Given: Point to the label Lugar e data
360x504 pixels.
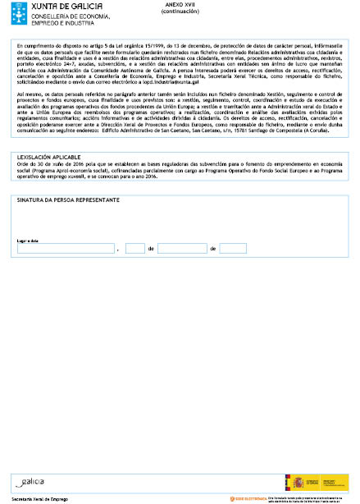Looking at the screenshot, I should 29,241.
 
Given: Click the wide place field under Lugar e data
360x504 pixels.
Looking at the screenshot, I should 66,248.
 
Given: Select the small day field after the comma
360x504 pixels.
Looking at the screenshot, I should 136,248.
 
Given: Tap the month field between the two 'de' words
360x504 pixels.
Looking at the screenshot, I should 182,248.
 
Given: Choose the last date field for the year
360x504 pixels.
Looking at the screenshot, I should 233,248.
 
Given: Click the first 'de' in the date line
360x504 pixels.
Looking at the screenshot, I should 152,248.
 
